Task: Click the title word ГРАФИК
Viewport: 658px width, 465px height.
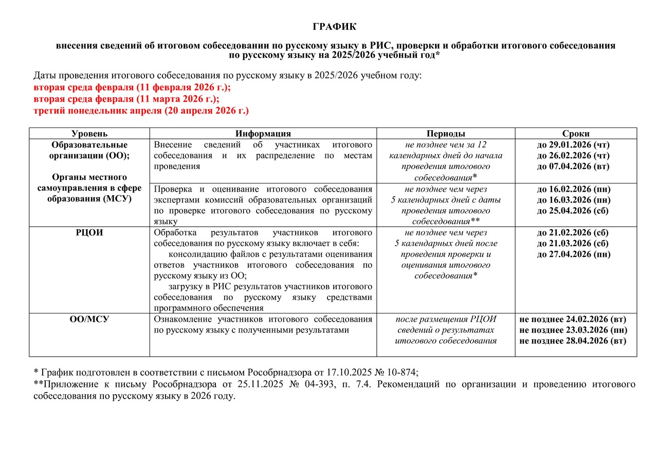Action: click(335, 27)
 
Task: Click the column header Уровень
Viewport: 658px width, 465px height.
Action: click(89, 133)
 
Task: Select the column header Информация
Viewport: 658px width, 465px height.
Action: click(263, 133)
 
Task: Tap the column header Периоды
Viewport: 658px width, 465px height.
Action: click(446, 133)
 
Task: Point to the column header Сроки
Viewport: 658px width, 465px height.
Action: click(576, 133)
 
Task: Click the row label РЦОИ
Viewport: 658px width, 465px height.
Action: click(89, 232)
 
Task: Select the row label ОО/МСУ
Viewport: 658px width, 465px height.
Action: click(89, 319)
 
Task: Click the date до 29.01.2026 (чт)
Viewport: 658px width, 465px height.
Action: click(573, 144)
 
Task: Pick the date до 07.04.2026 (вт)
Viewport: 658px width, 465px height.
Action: click(573, 166)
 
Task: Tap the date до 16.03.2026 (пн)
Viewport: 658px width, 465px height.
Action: click(573, 199)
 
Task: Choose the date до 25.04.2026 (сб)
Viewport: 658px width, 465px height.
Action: click(573, 211)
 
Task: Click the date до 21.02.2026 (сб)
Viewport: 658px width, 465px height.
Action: click(573, 232)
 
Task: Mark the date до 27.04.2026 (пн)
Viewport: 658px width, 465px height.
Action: click(573, 254)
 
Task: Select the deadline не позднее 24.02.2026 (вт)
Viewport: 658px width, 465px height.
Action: click(573, 319)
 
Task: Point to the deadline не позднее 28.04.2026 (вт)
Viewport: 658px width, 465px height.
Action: click(573, 341)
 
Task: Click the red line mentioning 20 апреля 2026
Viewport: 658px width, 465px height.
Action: click(141, 110)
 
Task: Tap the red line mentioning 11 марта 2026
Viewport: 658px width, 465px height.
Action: click(126, 99)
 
